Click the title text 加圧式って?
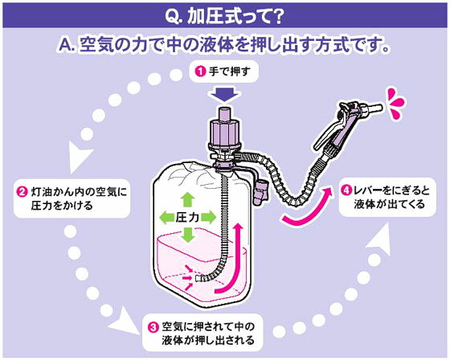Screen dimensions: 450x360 [225, 17]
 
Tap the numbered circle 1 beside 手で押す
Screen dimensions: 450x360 [201, 71]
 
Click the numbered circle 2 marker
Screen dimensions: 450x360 [22, 192]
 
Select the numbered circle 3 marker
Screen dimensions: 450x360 [153, 327]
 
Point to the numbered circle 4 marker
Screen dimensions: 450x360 [346, 190]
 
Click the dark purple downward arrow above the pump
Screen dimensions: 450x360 [225, 95]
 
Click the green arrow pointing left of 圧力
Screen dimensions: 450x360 [166, 217]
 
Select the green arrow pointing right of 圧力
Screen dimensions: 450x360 [208, 217]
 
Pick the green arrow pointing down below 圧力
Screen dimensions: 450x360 [188, 235]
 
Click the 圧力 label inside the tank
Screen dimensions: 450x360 [187, 217]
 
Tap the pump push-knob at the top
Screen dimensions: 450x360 [225, 114]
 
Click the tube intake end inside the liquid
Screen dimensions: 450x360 [198, 278]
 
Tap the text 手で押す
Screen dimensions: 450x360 [230, 72]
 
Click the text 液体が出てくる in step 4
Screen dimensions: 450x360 [389, 204]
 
